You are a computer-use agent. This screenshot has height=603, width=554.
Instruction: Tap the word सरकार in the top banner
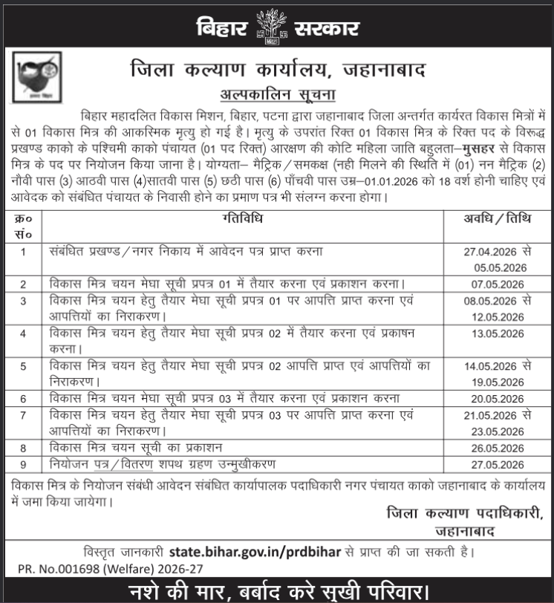[321, 27]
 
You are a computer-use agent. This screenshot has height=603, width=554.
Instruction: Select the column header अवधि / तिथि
[493, 218]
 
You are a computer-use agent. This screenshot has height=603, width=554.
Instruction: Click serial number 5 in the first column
[24, 366]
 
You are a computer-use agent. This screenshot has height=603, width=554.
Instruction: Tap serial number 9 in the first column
[24, 465]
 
